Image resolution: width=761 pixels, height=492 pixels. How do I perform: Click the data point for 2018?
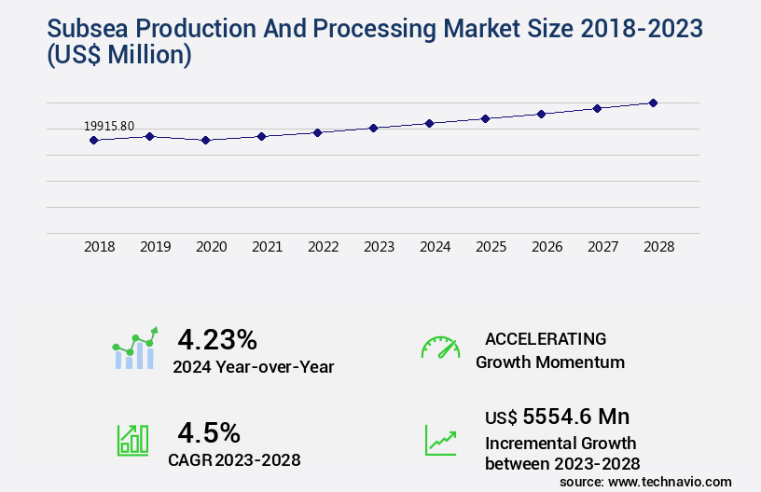(93, 140)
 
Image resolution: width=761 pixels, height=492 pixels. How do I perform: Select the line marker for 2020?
(205, 140)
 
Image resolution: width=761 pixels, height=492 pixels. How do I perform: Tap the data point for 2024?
(429, 123)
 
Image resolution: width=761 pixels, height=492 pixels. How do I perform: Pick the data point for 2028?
(653, 102)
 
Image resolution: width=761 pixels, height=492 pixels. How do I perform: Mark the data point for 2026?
(541, 114)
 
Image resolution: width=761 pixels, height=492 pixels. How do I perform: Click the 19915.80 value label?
(109, 126)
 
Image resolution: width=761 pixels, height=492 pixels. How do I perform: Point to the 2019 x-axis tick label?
(156, 248)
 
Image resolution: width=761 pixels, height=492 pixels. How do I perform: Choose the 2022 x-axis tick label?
(324, 248)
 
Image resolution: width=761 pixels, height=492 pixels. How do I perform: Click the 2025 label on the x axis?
(491, 248)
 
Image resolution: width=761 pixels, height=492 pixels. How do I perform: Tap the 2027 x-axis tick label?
(603, 248)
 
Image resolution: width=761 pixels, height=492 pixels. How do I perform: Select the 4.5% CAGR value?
(209, 432)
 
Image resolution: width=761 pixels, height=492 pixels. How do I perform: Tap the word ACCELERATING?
(546, 338)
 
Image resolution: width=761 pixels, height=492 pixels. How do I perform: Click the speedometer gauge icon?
(440, 348)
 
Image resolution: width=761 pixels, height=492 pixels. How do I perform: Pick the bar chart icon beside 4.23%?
(134, 348)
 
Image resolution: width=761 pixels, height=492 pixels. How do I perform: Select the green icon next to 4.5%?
(132, 440)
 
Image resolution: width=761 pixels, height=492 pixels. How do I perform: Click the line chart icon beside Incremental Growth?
(440, 440)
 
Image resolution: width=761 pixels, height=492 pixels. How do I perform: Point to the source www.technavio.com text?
(645, 481)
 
